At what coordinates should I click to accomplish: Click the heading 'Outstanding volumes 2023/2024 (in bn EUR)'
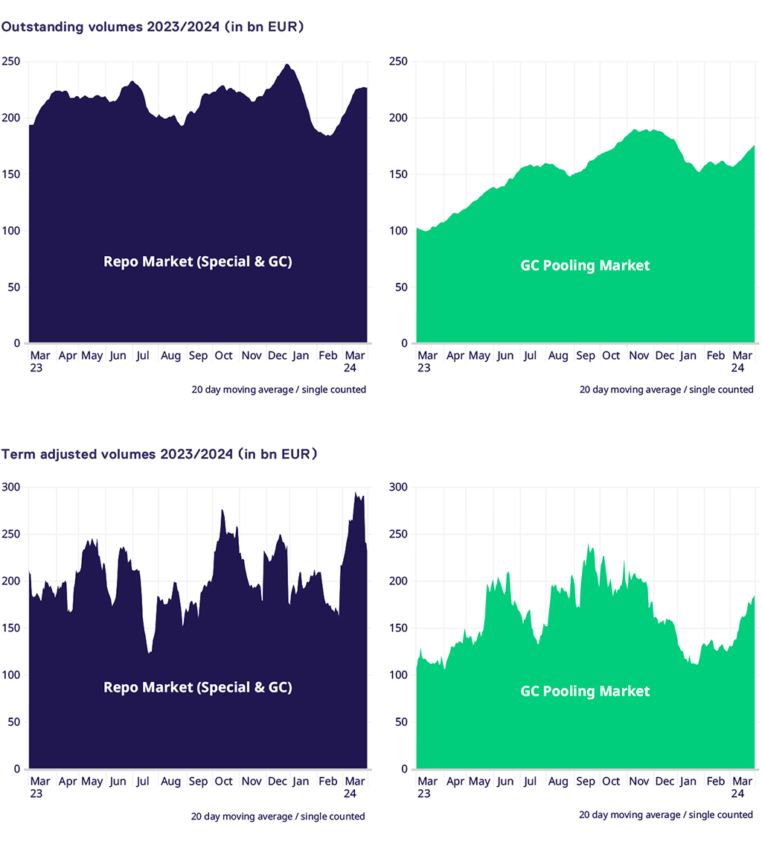(153, 27)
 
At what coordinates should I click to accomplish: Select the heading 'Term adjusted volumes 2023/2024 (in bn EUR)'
(159, 454)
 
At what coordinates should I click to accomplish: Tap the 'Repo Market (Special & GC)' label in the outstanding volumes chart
(197, 261)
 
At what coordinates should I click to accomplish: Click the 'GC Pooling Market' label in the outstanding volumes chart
(585, 266)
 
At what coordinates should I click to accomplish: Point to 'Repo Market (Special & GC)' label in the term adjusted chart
(197, 687)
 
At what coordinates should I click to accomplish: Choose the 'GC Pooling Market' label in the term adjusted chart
(585, 692)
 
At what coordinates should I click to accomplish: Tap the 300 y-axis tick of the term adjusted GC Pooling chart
(399, 488)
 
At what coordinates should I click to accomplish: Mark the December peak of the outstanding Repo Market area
(287, 66)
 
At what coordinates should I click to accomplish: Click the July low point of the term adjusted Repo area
(150, 652)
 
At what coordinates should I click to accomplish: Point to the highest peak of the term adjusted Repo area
(356, 494)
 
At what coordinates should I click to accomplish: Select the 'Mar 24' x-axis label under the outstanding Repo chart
(355, 362)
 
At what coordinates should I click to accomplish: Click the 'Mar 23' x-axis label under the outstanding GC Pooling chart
(427, 362)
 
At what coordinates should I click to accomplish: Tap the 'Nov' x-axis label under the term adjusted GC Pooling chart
(638, 782)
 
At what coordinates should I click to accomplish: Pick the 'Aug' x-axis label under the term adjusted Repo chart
(170, 782)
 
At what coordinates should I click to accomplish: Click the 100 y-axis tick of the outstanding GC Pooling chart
(399, 231)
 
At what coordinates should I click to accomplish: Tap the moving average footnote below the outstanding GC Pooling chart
(666, 389)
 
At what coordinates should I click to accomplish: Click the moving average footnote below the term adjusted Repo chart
(278, 817)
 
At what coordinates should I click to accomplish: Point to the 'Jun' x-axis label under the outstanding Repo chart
(118, 356)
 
